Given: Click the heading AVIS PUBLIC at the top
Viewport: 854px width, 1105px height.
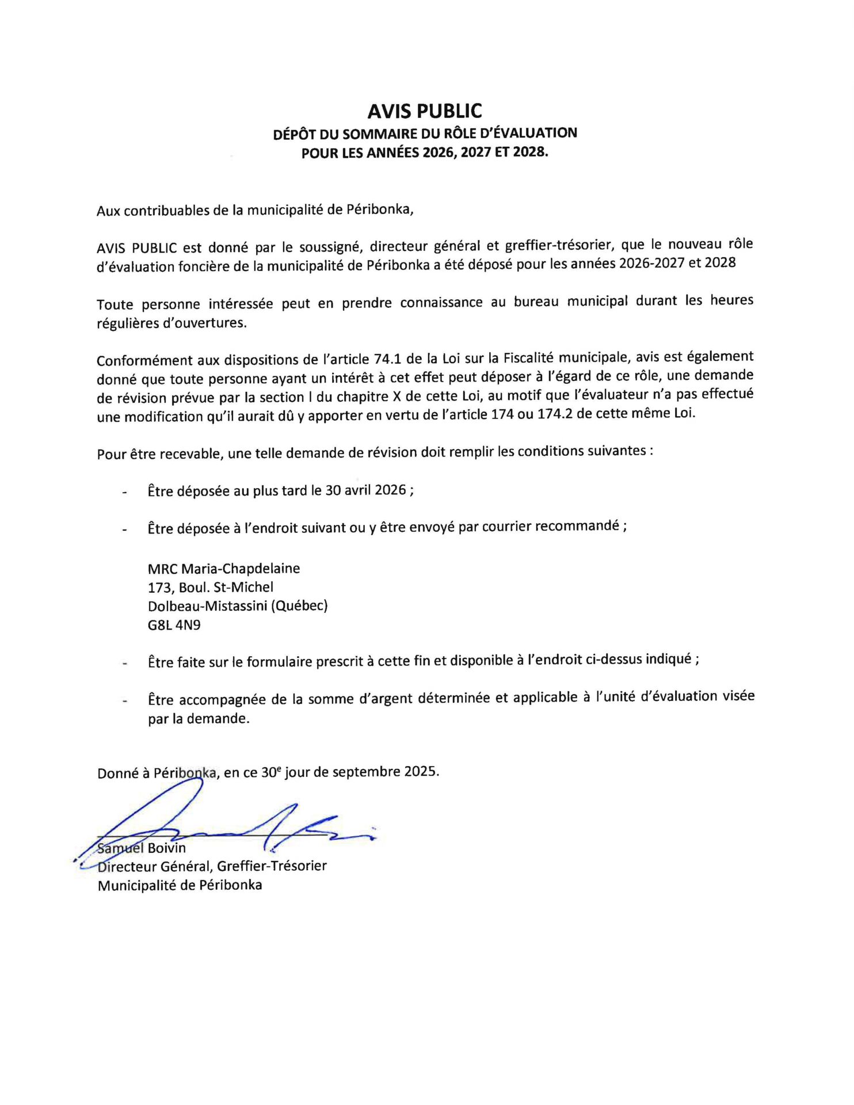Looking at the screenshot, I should point(425,110).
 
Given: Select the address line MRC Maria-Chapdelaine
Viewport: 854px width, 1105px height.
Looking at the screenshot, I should point(224,569).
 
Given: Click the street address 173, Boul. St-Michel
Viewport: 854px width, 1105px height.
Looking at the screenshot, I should point(211,587).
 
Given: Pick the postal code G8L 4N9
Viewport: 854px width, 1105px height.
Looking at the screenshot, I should point(174,624).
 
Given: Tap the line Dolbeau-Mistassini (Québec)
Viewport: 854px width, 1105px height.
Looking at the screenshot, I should point(238,605).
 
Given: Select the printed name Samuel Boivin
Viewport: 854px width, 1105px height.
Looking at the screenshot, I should point(142,848).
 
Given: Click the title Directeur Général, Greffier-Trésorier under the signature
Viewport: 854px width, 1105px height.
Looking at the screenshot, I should point(212,866).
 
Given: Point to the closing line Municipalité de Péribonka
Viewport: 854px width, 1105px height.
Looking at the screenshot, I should point(180,885).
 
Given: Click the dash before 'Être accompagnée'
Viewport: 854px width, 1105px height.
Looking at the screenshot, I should point(124,701).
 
